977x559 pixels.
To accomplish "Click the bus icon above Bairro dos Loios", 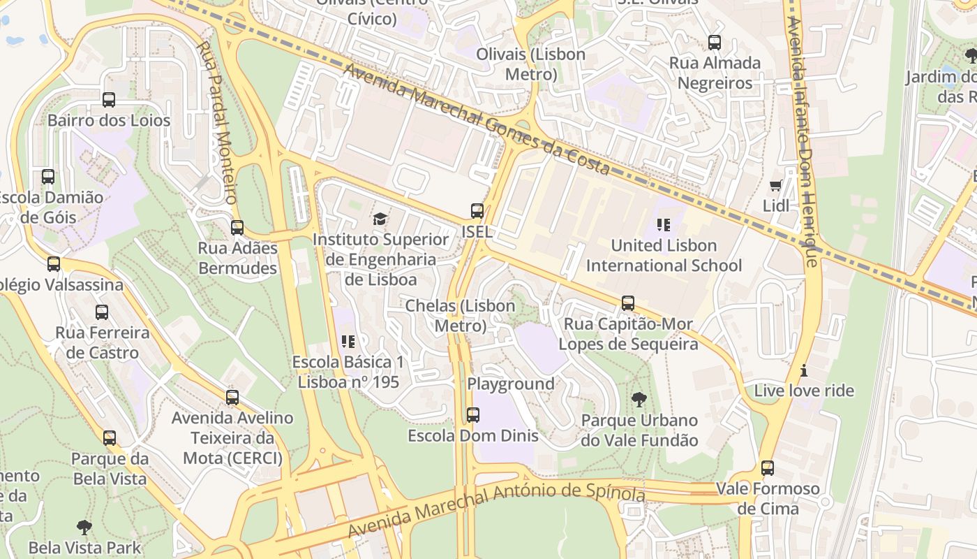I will [109, 100].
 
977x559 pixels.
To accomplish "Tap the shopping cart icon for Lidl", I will [775, 185].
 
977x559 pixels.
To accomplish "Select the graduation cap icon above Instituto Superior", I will [380, 219].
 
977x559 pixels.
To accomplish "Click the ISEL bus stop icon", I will [477, 211].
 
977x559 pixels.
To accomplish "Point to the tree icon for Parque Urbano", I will [639, 400].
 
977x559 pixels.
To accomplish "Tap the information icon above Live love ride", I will [804, 370].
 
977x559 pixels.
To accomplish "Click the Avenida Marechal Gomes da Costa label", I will [477, 119].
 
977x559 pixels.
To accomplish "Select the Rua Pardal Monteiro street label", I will [218, 122].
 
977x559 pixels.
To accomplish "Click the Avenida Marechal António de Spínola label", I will [496, 511].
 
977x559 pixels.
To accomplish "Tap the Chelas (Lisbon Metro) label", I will [461, 316].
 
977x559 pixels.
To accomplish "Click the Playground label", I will [511, 384].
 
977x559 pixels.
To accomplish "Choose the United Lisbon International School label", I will [664, 256].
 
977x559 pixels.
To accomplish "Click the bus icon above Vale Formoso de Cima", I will [768, 468].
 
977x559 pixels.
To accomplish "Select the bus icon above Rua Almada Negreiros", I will [715, 43].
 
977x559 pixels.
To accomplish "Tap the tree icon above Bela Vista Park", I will [84, 527].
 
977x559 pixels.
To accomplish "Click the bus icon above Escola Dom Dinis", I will [473, 415].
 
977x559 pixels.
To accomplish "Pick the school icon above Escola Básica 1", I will [348, 342].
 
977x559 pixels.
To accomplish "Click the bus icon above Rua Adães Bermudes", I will [237, 228].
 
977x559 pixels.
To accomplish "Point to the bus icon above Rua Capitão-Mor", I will [628, 303].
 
